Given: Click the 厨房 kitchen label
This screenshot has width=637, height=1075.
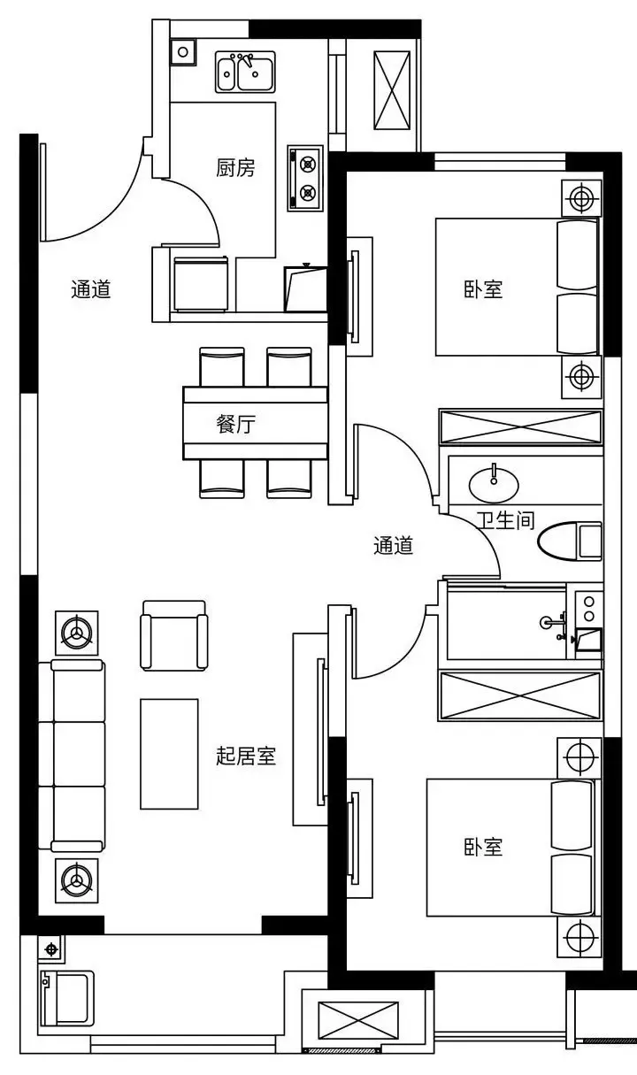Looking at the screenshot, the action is coord(235,168).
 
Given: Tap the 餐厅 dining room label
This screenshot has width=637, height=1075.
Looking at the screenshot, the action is coord(235,424).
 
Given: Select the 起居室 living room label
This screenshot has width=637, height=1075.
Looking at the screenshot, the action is coord(246,756).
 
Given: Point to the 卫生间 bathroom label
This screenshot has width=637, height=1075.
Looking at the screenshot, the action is coord(505,519).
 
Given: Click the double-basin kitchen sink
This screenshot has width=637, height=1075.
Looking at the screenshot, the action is coord(245,72).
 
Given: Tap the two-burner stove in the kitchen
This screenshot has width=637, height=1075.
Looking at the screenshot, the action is coord(305,179).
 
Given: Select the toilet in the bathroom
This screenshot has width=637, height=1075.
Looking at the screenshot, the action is coord(571,541).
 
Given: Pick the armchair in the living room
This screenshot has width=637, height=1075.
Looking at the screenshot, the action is coord(173,635).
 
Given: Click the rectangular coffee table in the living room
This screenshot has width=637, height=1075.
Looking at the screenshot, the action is coord(169,754).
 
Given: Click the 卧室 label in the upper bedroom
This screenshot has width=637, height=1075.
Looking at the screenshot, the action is coord(483,289).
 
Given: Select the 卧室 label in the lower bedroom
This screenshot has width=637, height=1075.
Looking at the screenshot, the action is coord(483,847).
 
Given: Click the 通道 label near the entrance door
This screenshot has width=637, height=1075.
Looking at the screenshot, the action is coord(91,289).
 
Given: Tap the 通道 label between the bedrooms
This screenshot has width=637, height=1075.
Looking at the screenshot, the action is coord(393,545).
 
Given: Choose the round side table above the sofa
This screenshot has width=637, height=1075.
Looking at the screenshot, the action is coord(77,633).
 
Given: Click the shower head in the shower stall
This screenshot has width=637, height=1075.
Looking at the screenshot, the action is coord(546,623).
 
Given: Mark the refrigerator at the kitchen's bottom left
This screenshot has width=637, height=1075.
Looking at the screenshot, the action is coord(200,284).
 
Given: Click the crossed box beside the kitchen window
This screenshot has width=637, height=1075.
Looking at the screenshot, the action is coord(392,90).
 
